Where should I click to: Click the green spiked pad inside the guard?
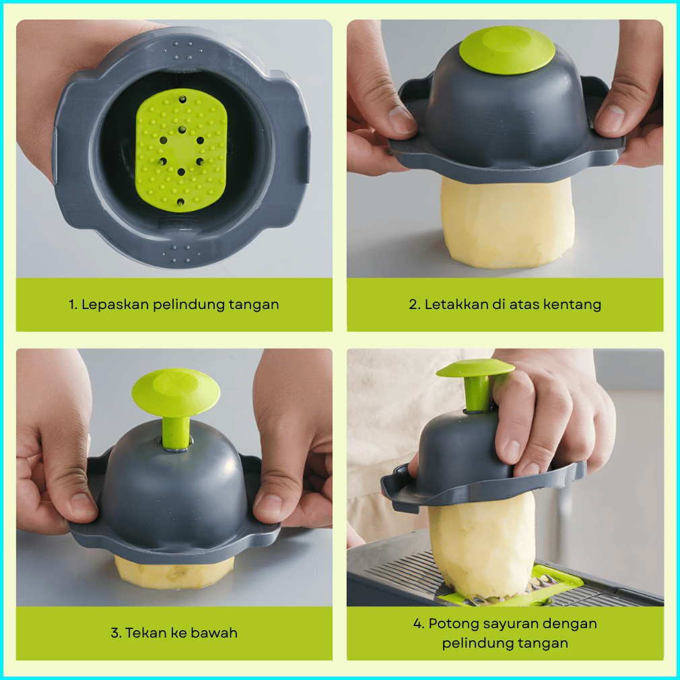[x=181, y=150]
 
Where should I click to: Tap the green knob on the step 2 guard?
[x=507, y=49]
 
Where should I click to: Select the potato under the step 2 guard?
[x=507, y=222]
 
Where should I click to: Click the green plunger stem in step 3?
[x=175, y=432]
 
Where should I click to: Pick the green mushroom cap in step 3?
[x=176, y=392]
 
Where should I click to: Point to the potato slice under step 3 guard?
[x=174, y=572]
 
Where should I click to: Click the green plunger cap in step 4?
[x=475, y=368]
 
